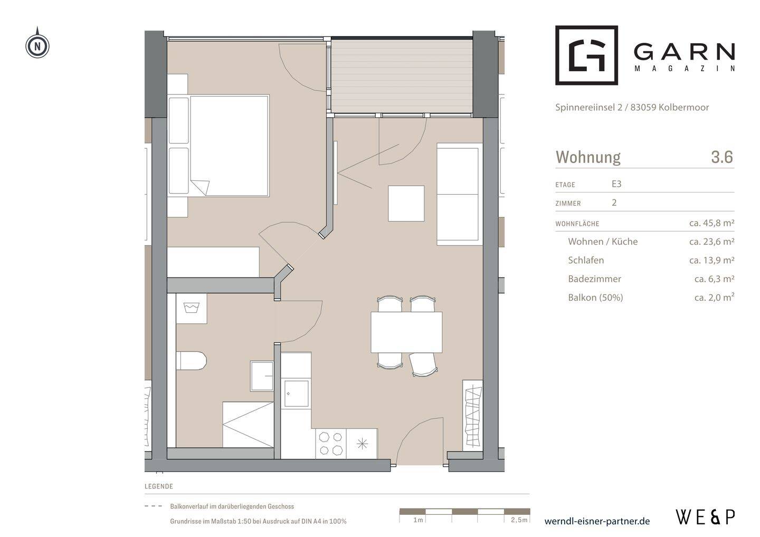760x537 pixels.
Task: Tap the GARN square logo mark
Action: [587, 55]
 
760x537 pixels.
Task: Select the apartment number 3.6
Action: [722, 157]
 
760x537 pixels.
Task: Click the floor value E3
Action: [616, 184]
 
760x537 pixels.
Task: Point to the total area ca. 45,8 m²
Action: [712, 223]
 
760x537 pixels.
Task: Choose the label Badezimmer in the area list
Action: [594, 279]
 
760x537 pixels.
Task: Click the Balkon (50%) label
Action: [595, 298]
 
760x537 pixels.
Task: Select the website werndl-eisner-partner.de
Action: [597, 521]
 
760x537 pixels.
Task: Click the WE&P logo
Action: [706, 517]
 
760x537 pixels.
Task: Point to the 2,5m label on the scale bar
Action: [519, 520]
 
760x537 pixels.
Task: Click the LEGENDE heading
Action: [159, 486]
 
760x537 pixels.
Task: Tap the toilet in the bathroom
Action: [192, 361]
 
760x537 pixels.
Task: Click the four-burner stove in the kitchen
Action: [331, 444]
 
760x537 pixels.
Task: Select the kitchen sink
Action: [296, 394]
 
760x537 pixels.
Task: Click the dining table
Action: [406, 332]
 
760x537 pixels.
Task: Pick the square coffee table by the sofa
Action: [406, 204]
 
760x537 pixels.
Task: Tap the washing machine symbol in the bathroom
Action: [192, 309]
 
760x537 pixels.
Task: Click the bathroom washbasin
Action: [262, 376]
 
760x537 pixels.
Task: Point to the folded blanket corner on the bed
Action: [201, 187]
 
